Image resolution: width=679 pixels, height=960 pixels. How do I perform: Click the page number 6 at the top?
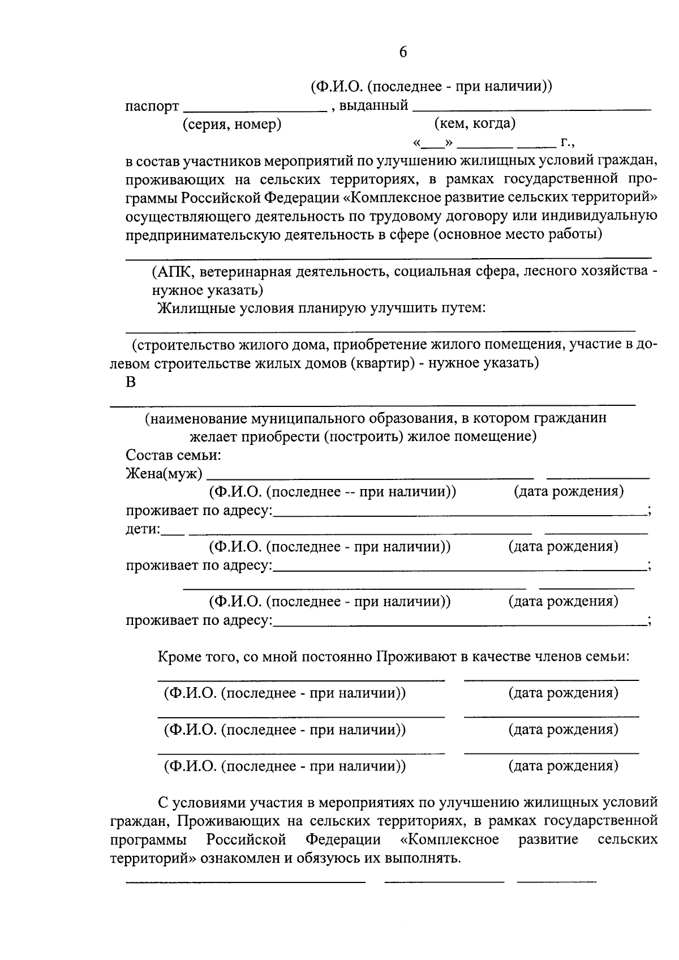(403, 52)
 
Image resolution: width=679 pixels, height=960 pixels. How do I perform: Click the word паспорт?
(152, 106)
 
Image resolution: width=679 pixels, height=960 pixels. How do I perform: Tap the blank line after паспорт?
(256, 109)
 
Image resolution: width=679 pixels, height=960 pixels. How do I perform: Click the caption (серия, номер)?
(231, 124)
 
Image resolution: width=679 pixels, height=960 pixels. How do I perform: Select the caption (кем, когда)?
(474, 123)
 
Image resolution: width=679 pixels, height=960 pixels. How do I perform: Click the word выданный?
(373, 105)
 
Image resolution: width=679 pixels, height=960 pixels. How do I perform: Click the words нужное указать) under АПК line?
(207, 290)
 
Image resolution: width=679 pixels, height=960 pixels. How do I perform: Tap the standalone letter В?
(131, 382)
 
